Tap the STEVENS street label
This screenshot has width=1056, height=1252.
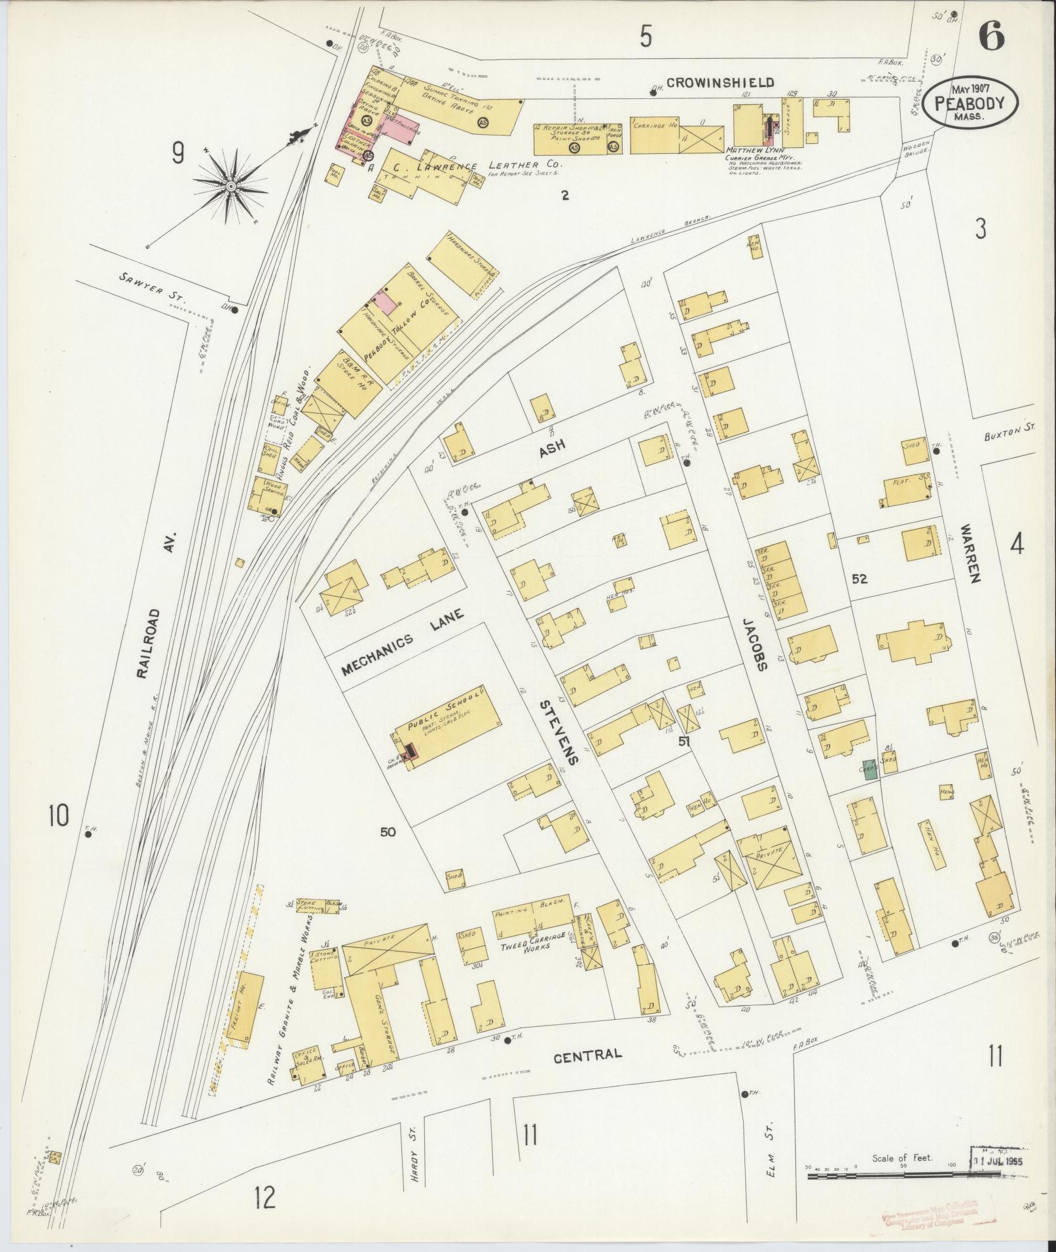pyautogui.click(x=560, y=732)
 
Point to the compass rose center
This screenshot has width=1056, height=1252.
pyautogui.click(x=230, y=187)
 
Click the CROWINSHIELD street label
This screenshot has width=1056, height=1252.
pyautogui.click(x=720, y=83)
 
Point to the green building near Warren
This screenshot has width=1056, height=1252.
pyautogui.click(x=869, y=770)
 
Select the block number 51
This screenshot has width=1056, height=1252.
pyautogui.click(x=685, y=742)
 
